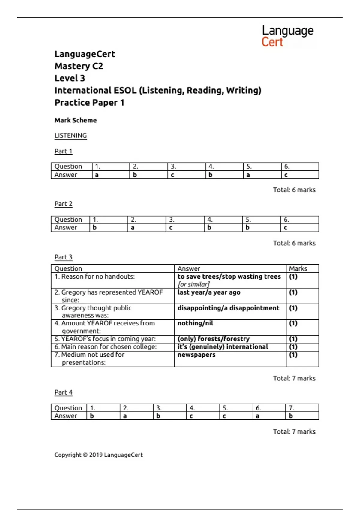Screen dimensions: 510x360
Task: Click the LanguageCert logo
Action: pyautogui.click(x=287, y=36)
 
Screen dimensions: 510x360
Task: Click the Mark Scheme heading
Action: pyautogui.click(x=76, y=120)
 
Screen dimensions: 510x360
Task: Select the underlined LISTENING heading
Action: pyautogui.click(x=70, y=136)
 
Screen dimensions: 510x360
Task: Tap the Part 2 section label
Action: pyautogui.click(x=63, y=204)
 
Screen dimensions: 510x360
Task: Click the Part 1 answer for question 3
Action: pyautogui.click(x=172, y=175)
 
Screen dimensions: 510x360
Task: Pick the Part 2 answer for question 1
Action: pyautogui.click(x=95, y=228)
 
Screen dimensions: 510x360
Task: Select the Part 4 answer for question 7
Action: pyautogui.click(x=291, y=416)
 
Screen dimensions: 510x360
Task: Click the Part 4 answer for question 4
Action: pyautogui.click(x=191, y=416)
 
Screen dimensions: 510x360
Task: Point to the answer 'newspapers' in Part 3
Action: pyautogui.click(x=196, y=355)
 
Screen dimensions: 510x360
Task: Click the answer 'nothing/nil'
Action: pyautogui.click(x=195, y=323)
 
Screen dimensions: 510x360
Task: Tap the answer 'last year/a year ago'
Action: pyautogui.click(x=209, y=292)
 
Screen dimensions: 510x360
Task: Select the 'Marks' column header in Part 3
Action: pyautogui.click(x=298, y=268)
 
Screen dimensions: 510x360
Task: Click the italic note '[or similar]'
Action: pyautogui.click(x=193, y=284)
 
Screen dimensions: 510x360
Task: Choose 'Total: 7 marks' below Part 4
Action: pyautogui.click(x=294, y=432)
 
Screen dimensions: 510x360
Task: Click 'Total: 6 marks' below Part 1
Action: pyautogui.click(x=294, y=190)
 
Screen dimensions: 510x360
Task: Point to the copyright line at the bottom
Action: pyautogui.click(x=98, y=455)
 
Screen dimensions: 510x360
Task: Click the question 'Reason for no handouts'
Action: pyautogui.click(x=95, y=277)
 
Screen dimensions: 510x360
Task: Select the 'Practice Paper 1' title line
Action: pyautogui.click(x=89, y=103)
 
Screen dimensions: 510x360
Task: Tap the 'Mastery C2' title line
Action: pyautogui.click(x=79, y=66)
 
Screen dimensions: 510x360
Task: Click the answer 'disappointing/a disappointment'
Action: pyautogui.click(x=228, y=308)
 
